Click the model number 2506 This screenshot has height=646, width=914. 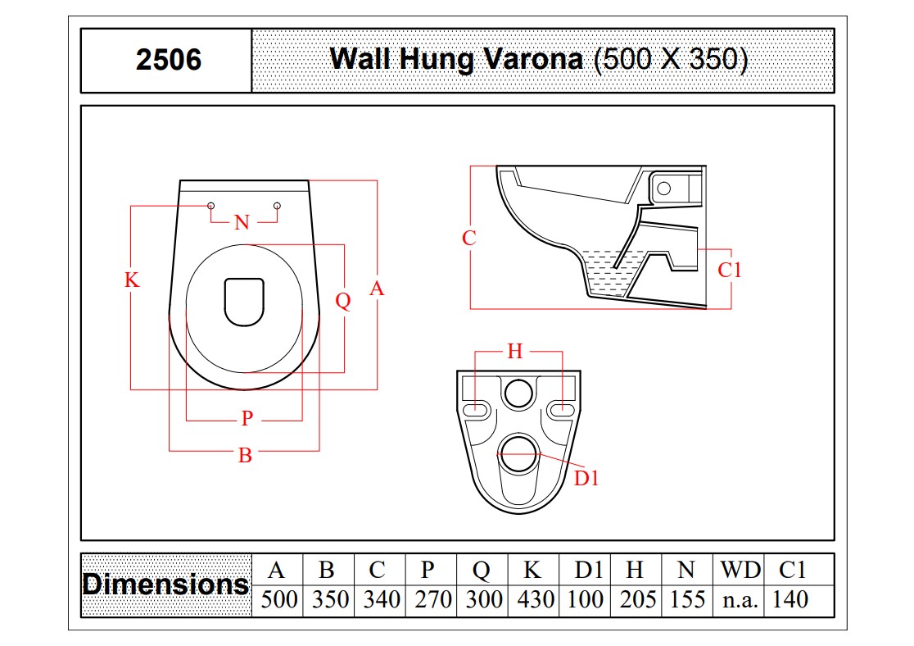click(x=169, y=60)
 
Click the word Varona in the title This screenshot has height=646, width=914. click(x=533, y=59)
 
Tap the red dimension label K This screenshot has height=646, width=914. click(x=132, y=280)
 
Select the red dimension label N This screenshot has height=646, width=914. click(x=242, y=222)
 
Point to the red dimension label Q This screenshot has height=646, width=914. click(x=342, y=301)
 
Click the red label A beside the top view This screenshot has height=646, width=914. click(x=377, y=289)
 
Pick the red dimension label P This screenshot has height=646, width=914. click(x=247, y=418)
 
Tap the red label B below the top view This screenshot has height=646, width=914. click(x=246, y=455)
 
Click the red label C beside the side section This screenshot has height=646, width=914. click(x=468, y=238)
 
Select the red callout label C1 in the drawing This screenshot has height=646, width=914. click(x=729, y=271)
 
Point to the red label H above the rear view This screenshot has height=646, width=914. click(x=514, y=352)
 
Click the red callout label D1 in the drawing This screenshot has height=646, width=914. click(x=586, y=479)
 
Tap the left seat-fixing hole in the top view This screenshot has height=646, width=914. click(x=211, y=206)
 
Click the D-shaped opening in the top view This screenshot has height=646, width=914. click(x=244, y=302)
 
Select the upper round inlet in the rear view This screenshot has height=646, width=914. click(x=518, y=393)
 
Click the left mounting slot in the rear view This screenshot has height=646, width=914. click(x=476, y=409)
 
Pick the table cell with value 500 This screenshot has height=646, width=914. click(x=278, y=600)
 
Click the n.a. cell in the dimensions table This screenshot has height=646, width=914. click(x=740, y=600)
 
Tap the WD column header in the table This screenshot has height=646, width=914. click(x=740, y=570)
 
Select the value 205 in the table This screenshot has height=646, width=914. click(x=638, y=600)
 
